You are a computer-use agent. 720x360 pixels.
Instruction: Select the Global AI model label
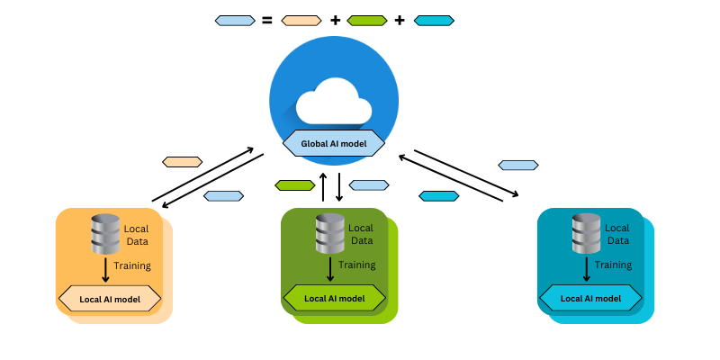[x=334, y=143]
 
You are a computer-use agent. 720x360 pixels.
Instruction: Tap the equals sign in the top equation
[x=266, y=20]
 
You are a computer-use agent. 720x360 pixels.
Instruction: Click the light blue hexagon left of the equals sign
[x=235, y=20]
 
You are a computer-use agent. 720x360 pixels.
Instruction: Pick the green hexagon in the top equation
[x=367, y=20]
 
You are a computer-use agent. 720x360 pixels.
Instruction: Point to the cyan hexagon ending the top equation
[x=434, y=20]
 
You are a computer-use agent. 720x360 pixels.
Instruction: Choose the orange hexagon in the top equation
[x=301, y=20]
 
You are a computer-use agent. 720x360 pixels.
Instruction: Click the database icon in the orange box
[x=106, y=234]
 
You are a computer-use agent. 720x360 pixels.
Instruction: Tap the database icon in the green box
[x=330, y=234]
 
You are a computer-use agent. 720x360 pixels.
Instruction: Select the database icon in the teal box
[x=587, y=234]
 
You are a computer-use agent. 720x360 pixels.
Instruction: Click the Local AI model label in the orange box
[x=110, y=298]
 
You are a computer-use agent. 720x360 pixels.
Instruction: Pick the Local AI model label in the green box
[x=334, y=298]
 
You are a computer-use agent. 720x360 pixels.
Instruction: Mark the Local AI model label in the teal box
[x=590, y=298]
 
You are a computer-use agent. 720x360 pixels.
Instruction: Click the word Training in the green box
[x=357, y=265]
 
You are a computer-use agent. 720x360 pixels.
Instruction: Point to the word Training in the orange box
[x=132, y=265]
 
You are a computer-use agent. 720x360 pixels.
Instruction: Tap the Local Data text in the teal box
[x=617, y=234]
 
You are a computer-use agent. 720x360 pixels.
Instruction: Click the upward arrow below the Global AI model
[x=323, y=186]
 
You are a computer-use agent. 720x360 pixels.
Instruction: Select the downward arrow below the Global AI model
[x=339, y=186]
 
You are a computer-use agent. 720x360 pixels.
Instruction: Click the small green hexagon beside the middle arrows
[x=294, y=185]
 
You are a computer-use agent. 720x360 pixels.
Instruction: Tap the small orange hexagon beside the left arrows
[x=182, y=162]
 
